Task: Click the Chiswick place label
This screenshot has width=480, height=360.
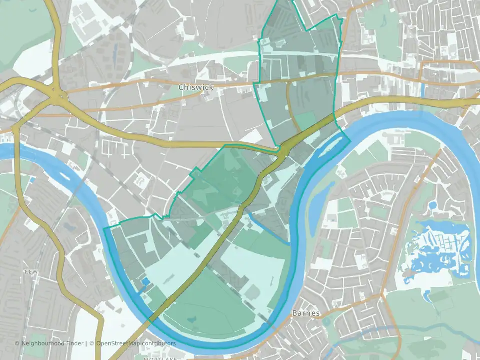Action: (x=196, y=87)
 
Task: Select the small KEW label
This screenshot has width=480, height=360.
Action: (x=31, y=271)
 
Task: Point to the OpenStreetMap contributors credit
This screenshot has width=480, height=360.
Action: (x=136, y=343)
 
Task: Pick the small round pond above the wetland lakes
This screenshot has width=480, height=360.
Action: (x=433, y=205)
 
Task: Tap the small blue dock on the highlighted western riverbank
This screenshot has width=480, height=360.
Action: (x=145, y=282)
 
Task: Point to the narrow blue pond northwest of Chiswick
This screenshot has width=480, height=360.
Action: (x=116, y=50)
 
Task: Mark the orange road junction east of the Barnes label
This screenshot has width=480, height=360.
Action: (x=382, y=295)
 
